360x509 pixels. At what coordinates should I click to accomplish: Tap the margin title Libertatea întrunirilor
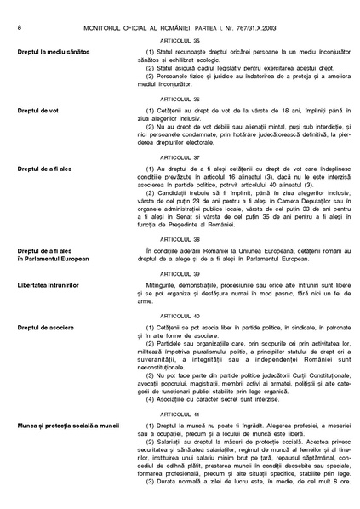[x=48, y=284]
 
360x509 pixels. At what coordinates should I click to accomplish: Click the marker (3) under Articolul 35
[x=151, y=76]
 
